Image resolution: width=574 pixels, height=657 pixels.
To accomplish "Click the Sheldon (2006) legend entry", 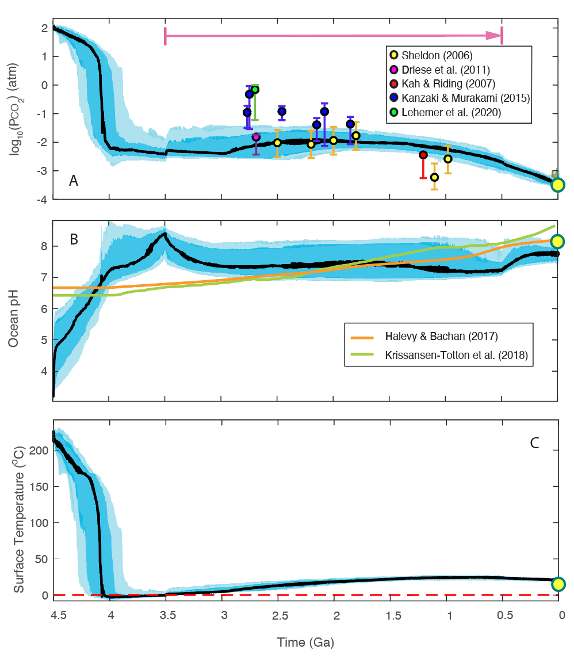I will click(431, 56).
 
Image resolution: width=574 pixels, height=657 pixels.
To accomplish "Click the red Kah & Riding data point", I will click(423, 155).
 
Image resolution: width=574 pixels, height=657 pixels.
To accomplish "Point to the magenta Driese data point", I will click(256, 137).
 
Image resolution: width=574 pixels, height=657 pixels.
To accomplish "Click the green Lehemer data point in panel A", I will click(255, 90).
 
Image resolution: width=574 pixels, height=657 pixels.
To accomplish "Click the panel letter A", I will click(73, 181).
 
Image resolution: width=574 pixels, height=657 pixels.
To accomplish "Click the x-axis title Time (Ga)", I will click(305, 642).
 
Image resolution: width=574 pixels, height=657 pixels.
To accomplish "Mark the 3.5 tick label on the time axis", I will click(166, 615).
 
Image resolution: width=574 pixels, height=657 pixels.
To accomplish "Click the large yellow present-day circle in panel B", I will click(557, 241).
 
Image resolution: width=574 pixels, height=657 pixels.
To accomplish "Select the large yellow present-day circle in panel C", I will click(557, 584).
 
